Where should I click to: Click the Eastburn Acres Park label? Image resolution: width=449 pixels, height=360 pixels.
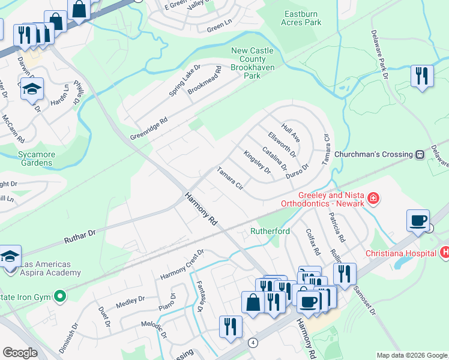click(301, 18)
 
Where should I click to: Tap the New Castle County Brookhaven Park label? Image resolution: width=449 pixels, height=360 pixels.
click(253, 64)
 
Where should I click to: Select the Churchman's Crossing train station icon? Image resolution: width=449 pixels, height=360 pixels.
click(420, 154)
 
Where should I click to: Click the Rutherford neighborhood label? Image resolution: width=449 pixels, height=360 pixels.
click(270, 231)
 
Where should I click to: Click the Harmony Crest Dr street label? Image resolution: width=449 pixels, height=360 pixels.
click(182, 265)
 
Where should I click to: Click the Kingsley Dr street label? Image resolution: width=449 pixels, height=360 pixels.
click(258, 163)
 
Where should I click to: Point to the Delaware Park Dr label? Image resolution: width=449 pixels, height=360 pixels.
click(379, 55)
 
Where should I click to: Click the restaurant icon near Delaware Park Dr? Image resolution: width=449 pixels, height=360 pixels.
click(422, 76)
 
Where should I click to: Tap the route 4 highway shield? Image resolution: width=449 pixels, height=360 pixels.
click(253, 342)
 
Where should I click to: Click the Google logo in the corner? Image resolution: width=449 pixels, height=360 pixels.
click(20, 353)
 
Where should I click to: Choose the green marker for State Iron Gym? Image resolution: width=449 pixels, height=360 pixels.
click(59, 296)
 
